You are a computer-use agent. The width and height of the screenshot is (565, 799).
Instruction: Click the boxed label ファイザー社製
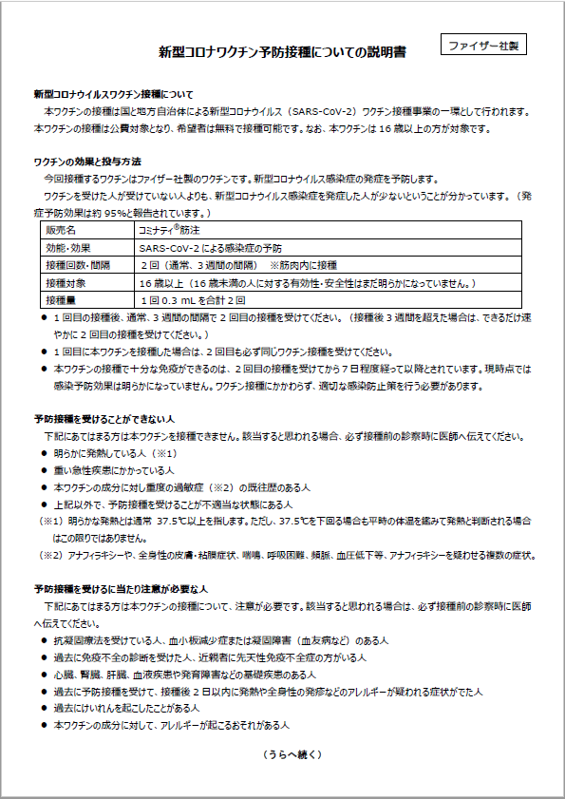(x=484, y=45)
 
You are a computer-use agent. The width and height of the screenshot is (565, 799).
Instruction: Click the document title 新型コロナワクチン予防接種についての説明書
(x=282, y=53)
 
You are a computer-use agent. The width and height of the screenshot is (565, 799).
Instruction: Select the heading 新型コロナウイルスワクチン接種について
(x=113, y=95)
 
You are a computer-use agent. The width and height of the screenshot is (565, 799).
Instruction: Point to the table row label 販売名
(x=61, y=230)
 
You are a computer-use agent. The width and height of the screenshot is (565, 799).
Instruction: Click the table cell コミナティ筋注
(x=170, y=230)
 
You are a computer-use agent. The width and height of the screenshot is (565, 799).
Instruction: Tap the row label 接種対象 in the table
(x=66, y=283)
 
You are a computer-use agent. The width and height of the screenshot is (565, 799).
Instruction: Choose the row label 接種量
(x=61, y=300)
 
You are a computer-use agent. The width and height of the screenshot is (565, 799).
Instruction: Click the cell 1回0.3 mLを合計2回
(x=193, y=300)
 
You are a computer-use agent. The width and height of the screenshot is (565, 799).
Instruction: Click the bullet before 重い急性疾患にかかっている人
(x=45, y=470)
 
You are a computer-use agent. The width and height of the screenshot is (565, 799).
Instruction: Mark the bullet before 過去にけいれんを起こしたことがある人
(x=45, y=708)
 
